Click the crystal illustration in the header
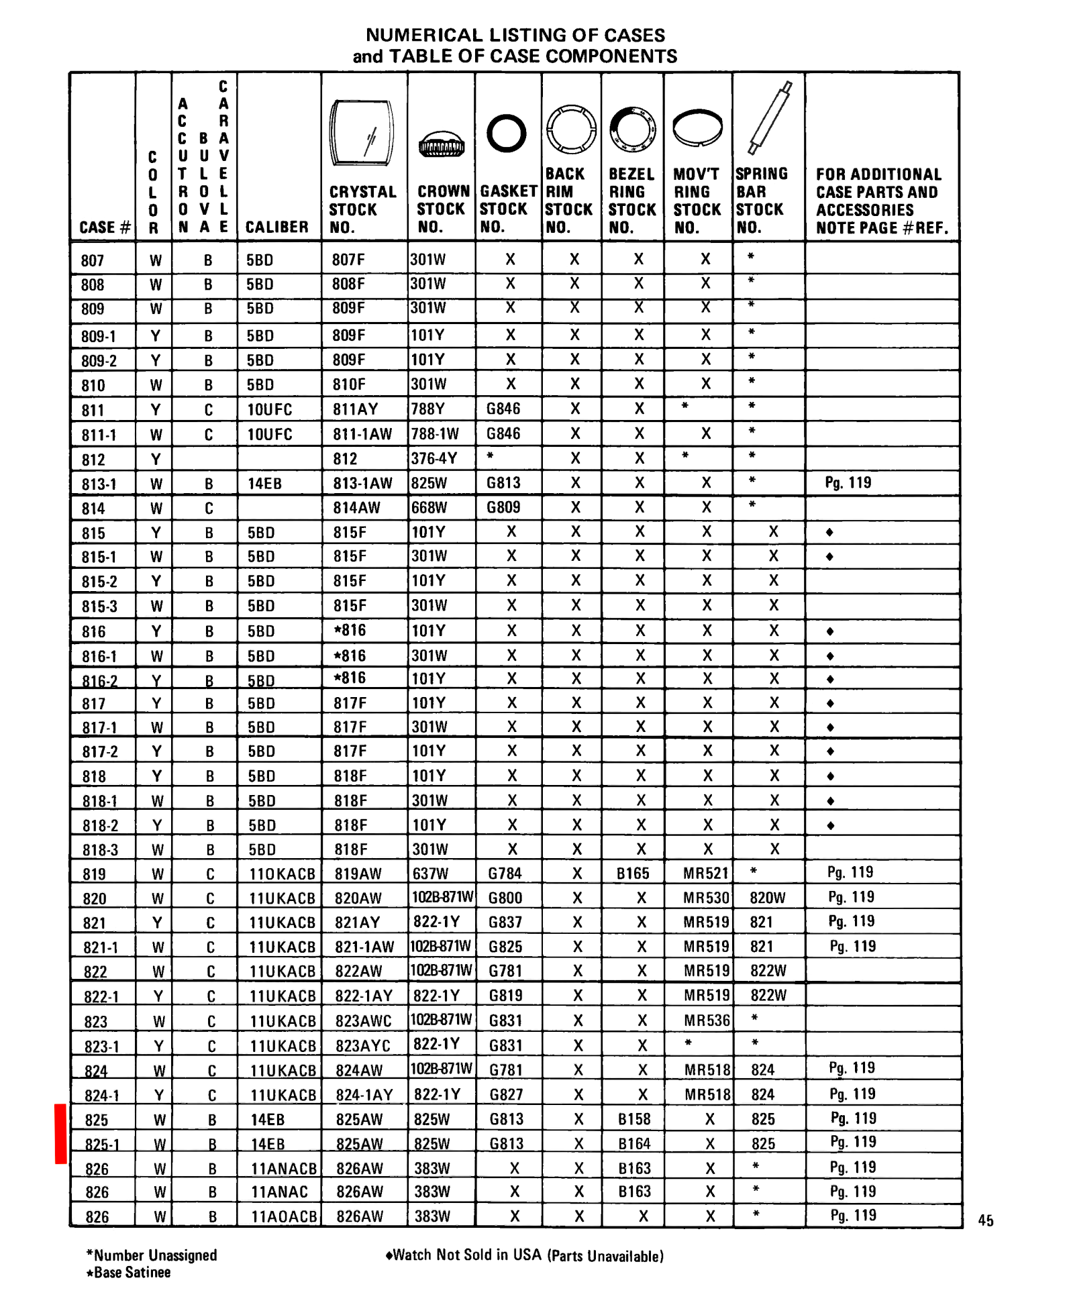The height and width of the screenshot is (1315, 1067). click(362, 132)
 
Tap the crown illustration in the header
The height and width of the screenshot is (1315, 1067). click(441, 144)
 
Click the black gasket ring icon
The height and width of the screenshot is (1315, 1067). click(506, 133)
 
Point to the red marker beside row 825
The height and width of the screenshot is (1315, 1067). click(60, 1133)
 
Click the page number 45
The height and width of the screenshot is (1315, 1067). click(985, 1220)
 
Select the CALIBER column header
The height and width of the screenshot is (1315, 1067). click(276, 227)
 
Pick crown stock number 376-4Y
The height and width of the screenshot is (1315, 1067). click(434, 458)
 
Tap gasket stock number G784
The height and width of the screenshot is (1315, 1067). click(505, 874)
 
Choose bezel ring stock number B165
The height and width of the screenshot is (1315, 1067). click(633, 874)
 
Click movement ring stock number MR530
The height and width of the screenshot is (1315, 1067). click(706, 898)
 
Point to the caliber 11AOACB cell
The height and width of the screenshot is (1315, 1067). click(283, 1216)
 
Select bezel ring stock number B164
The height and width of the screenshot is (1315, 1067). click(634, 1143)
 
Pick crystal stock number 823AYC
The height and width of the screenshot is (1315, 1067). click(362, 1045)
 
